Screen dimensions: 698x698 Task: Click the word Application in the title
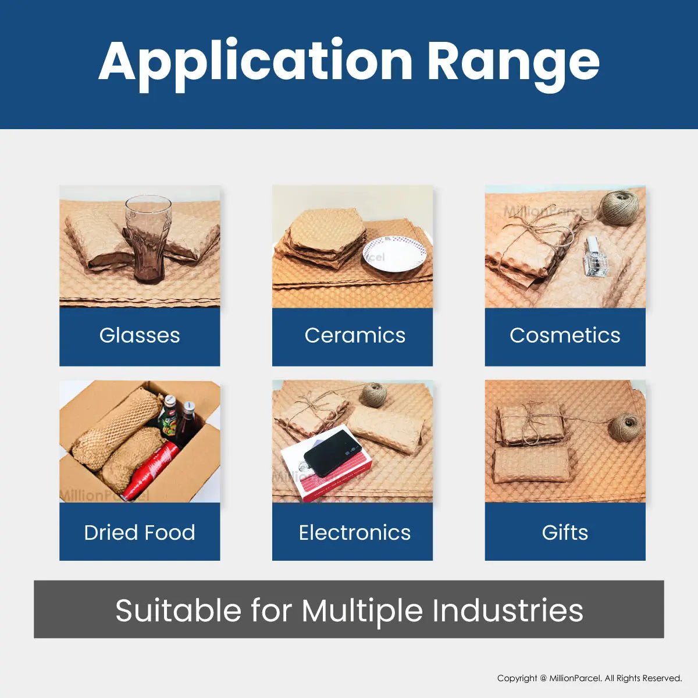point(255,62)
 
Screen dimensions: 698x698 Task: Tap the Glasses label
point(140,336)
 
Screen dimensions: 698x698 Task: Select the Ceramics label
point(355,336)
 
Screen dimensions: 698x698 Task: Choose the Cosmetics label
point(565,336)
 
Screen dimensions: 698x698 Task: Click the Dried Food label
point(140,533)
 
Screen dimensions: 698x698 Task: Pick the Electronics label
point(355,533)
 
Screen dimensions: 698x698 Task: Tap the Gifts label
point(565,533)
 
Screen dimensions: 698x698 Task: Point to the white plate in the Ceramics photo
point(394,254)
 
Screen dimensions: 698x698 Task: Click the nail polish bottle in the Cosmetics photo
point(594,257)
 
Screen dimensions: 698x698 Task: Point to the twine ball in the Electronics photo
point(373,395)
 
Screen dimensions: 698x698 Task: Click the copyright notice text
point(589,678)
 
